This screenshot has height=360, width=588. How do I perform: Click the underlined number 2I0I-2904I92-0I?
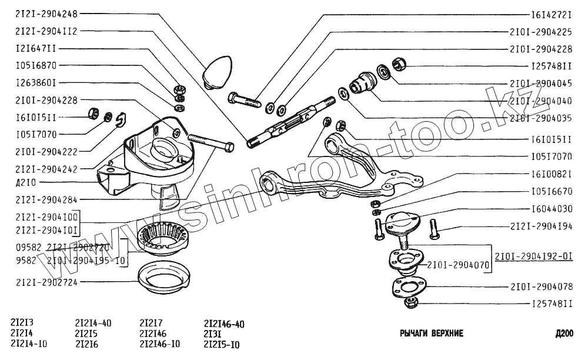click(533, 256)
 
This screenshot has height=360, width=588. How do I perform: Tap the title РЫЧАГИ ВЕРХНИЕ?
click(432, 334)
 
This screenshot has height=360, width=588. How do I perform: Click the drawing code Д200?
click(563, 334)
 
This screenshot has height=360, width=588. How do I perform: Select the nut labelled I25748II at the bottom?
click(411, 303)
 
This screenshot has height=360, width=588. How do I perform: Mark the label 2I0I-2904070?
click(457, 265)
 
